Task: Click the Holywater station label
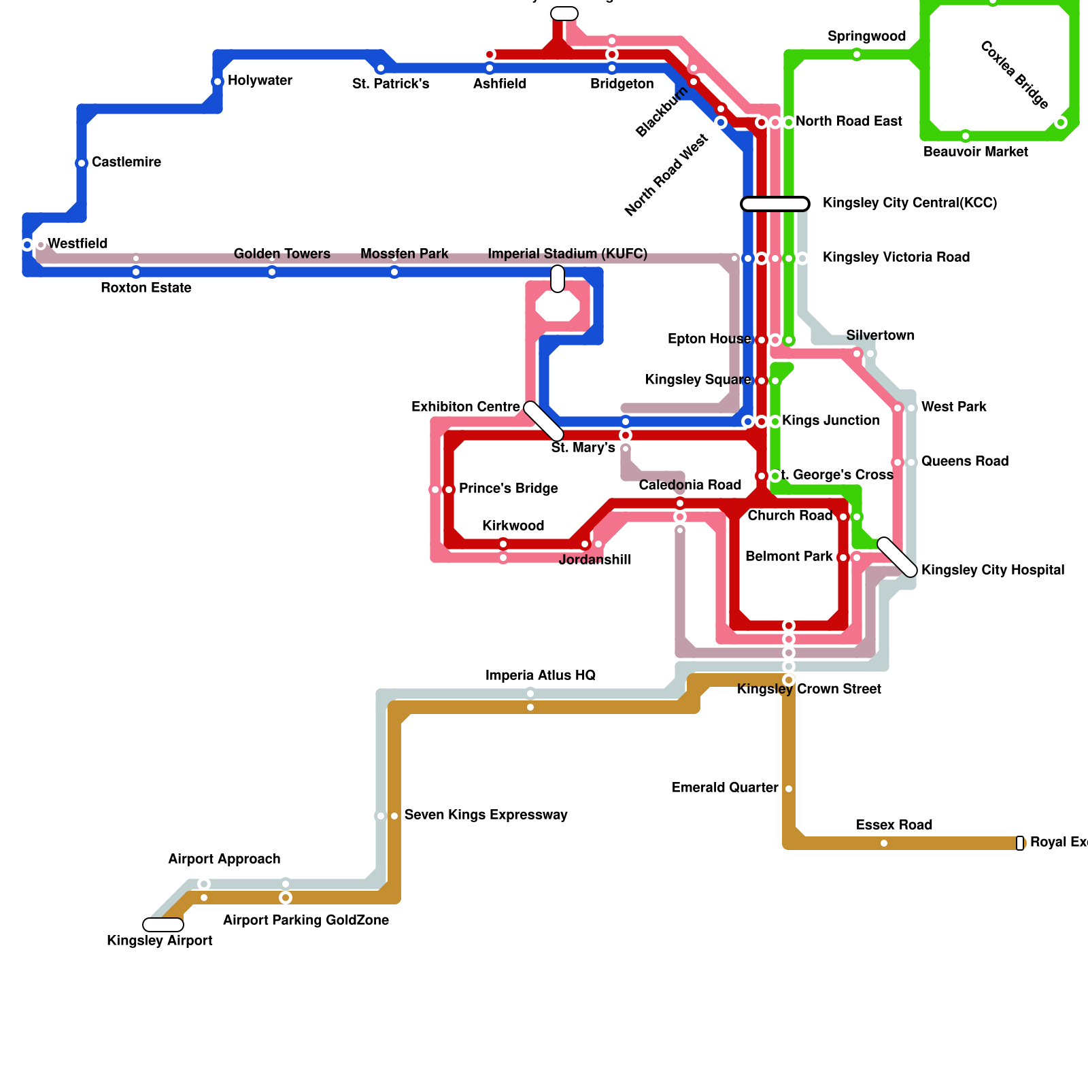[260, 81]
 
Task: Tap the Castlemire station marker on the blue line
[82, 163]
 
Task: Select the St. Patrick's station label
[390, 84]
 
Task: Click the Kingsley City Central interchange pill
[775, 204]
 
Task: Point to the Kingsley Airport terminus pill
[163, 925]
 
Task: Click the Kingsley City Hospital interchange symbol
[898, 557]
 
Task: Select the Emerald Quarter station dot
[789, 789]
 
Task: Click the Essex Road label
[894, 826]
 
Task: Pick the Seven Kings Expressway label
[486, 815]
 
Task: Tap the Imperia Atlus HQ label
[540, 676]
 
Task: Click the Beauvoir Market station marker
[966, 136]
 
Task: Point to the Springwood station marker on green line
[857, 54]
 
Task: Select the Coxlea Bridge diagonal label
[1014, 75]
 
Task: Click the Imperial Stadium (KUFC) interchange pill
[558, 279]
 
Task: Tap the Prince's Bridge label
[508, 489]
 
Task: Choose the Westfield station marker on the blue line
[27, 245]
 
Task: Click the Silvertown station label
[880, 336]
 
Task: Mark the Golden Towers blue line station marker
[272, 273]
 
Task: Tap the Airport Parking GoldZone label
[306, 921]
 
